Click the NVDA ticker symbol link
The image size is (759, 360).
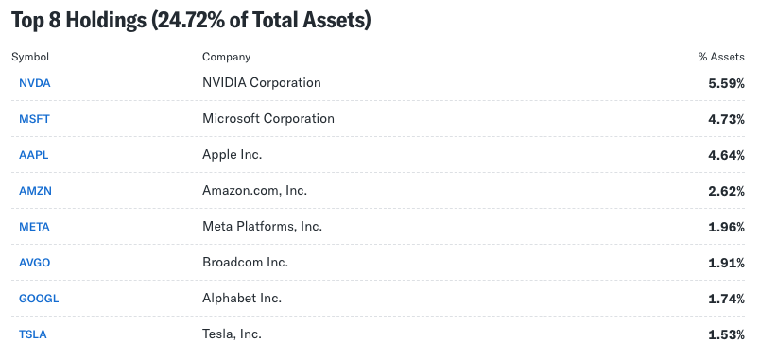click(x=34, y=83)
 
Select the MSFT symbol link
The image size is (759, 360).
click(x=34, y=119)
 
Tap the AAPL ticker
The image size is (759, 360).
click(x=33, y=155)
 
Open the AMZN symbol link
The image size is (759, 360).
click(x=35, y=191)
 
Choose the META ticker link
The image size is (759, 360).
click(x=34, y=227)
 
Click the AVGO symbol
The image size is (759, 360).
click(x=34, y=263)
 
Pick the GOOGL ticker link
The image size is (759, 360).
click(x=39, y=299)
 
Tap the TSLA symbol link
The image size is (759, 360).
click(x=32, y=334)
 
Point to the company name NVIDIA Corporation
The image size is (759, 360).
click(x=262, y=83)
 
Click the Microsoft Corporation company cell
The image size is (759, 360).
click(x=268, y=118)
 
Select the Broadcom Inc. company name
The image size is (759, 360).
click(x=245, y=263)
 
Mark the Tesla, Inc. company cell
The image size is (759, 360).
click(x=232, y=334)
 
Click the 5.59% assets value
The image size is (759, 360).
click(x=726, y=83)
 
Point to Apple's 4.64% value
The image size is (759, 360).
click(x=726, y=155)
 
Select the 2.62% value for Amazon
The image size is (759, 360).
click(x=726, y=191)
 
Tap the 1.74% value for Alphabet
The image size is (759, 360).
click(x=726, y=299)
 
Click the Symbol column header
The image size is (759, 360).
click(x=30, y=57)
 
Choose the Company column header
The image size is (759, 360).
click(x=226, y=57)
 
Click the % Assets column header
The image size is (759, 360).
click(x=721, y=57)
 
